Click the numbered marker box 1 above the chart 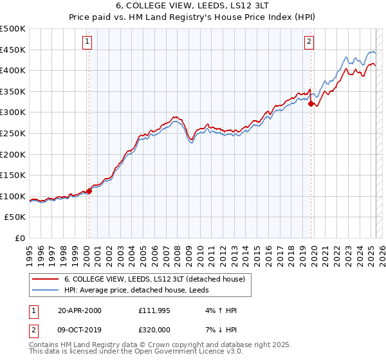pyautogui.click(x=87, y=42)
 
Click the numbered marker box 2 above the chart pyautogui.click(x=309, y=42)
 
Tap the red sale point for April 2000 pyautogui.click(x=89, y=191)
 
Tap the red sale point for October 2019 pyautogui.click(x=311, y=104)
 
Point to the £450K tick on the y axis pyautogui.click(x=13, y=50)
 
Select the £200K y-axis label pyautogui.click(x=13, y=154)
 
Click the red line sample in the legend pyautogui.click(x=45, y=280)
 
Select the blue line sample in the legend pyautogui.click(x=45, y=290)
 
